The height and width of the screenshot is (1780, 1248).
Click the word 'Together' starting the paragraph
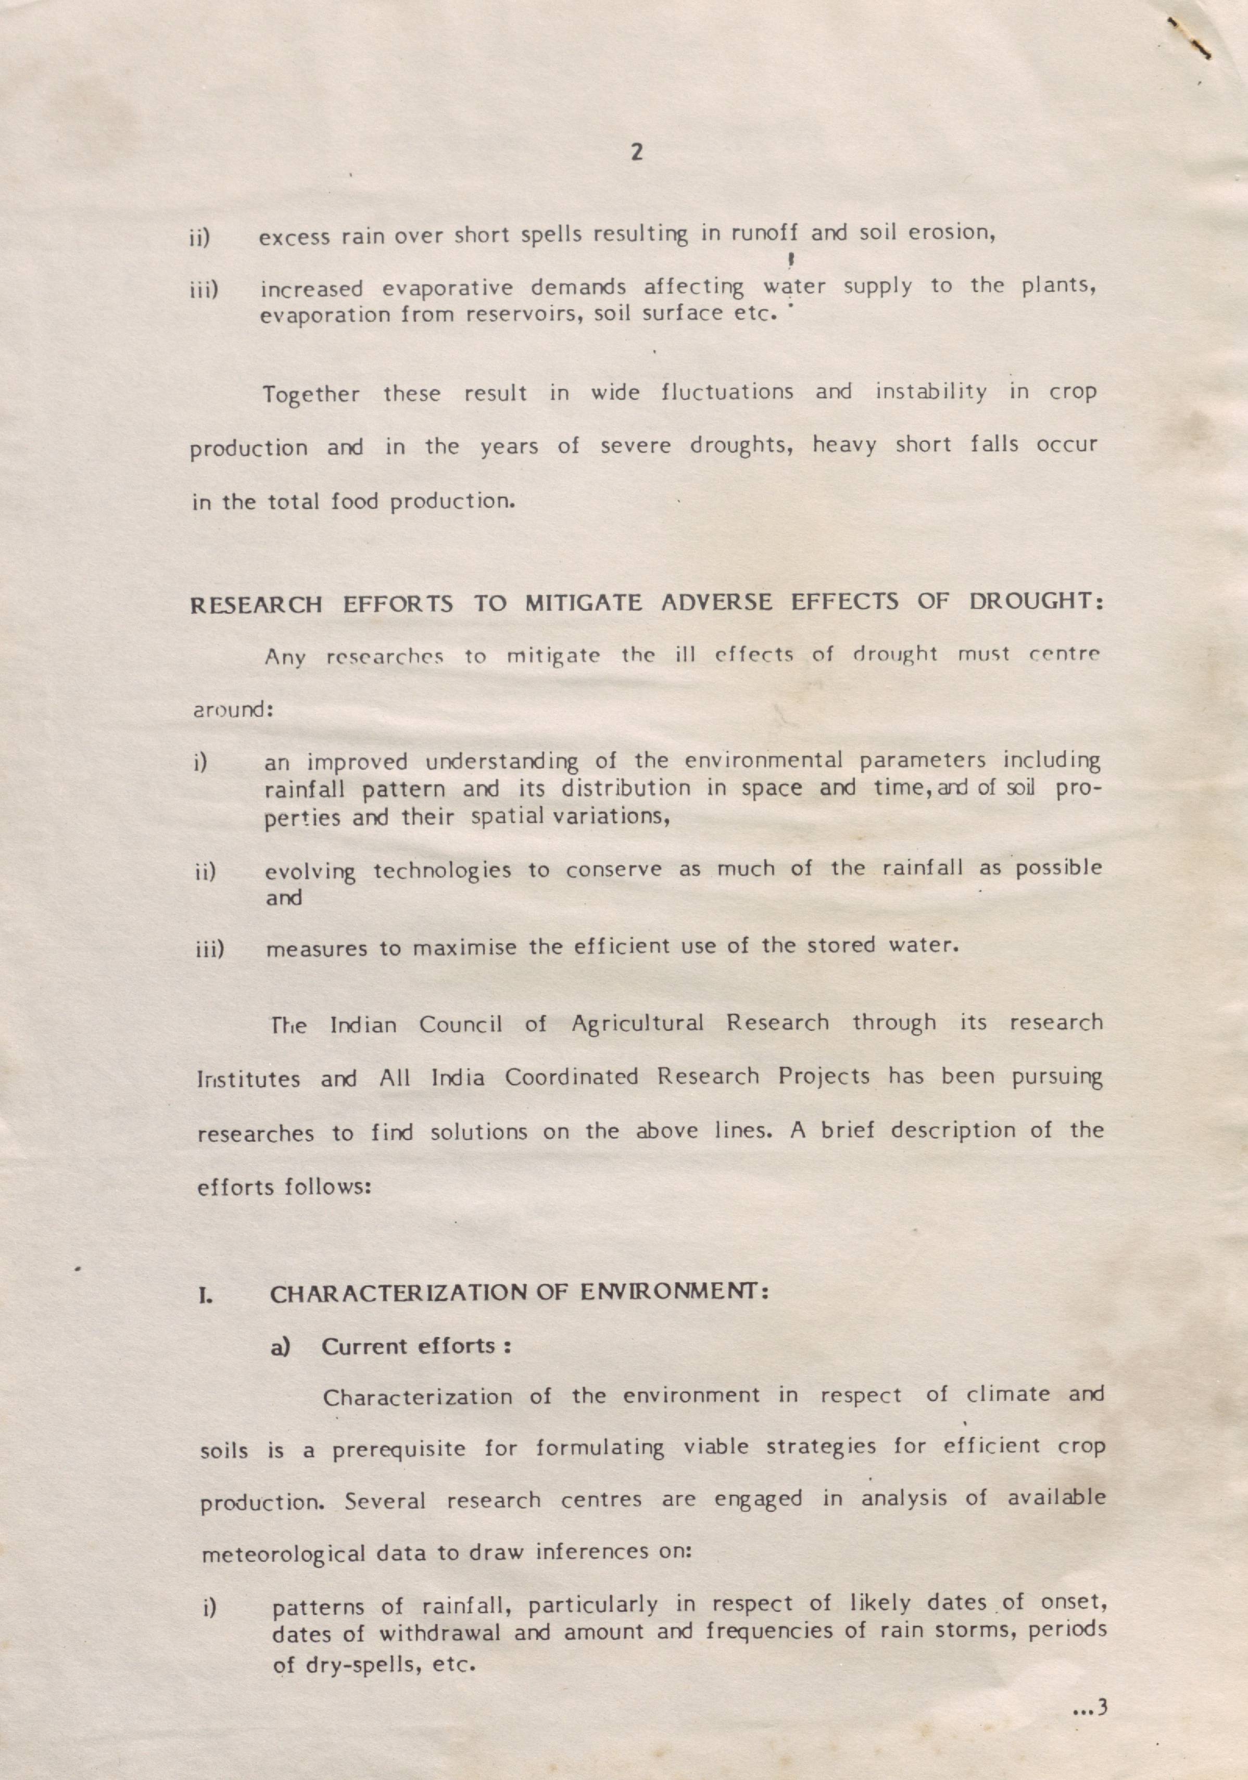312,395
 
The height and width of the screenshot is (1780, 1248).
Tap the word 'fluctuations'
727,392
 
